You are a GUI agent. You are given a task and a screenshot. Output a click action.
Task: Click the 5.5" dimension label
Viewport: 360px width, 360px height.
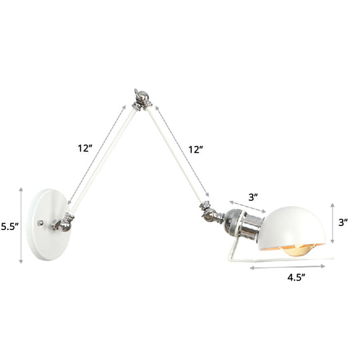tap(12, 227)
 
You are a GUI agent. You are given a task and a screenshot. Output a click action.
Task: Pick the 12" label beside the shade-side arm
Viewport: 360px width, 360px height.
tap(195, 150)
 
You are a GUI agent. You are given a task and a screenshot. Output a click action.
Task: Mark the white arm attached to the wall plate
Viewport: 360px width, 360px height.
tap(100, 160)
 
